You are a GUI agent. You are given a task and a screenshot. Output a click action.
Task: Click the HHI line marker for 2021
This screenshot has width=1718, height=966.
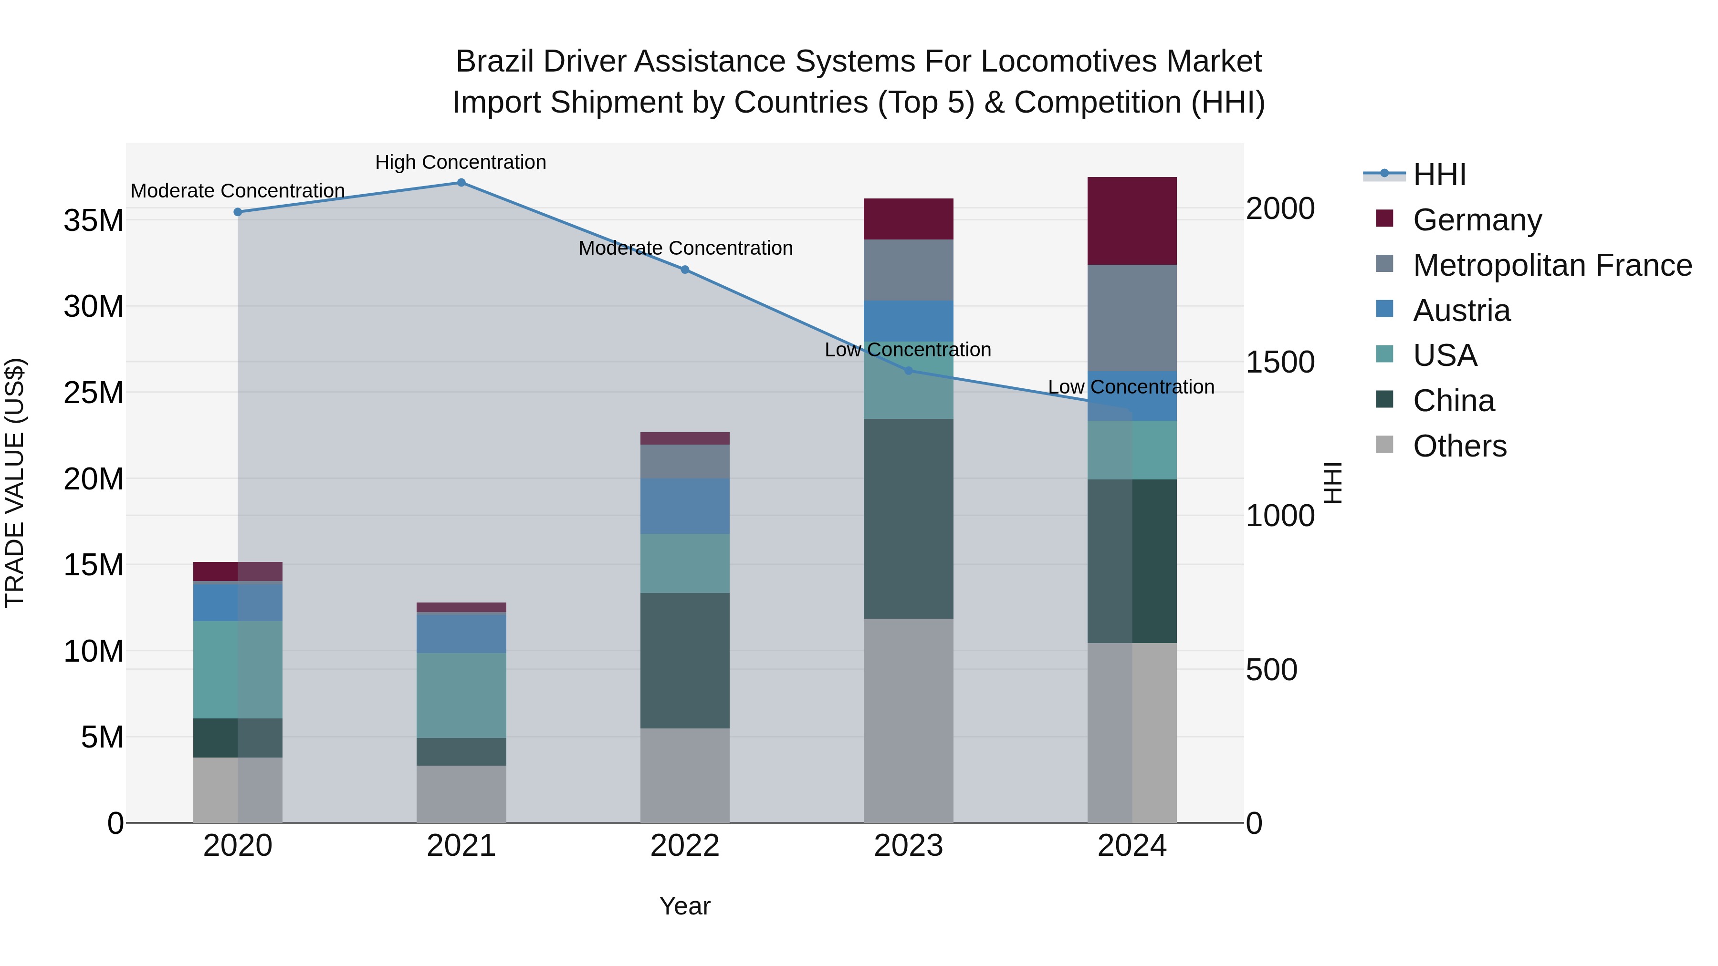coord(461,183)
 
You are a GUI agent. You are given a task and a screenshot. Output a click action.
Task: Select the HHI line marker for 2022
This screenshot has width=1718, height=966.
coord(684,270)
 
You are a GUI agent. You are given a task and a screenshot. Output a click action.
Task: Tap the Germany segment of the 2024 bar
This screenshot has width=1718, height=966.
coord(1132,221)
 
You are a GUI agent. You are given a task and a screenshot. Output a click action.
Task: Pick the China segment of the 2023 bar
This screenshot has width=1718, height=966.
coord(908,519)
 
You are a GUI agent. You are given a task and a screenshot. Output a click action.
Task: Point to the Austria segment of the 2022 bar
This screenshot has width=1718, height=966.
coord(684,506)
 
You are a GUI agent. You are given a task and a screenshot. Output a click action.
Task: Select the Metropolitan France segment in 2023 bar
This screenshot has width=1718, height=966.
coord(908,270)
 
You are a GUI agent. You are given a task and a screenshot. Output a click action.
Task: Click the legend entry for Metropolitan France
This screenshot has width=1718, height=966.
coord(1552,265)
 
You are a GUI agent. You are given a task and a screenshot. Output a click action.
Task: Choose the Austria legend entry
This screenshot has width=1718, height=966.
coord(1461,311)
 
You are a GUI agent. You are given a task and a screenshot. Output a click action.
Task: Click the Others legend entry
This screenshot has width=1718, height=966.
coord(1459,446)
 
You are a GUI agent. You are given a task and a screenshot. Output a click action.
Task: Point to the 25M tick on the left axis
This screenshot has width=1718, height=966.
coord(94,393)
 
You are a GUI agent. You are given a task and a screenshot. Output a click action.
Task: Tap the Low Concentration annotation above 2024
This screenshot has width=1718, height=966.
coord(1131,387)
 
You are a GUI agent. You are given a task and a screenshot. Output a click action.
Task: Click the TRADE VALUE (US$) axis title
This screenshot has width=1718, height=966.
coord(15,483)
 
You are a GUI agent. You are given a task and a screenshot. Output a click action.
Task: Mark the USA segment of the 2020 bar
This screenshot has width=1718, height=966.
coord(238,669)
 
